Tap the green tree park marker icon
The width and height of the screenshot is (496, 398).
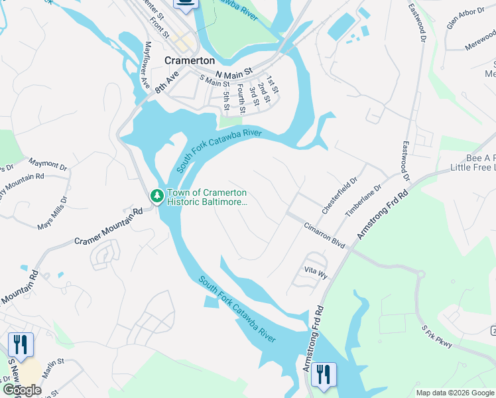click(156, 196)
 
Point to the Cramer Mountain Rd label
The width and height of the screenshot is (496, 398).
click(109, 226)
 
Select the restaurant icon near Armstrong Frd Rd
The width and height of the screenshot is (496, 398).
click(324, 375)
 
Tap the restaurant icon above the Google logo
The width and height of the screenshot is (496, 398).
click(21, 345)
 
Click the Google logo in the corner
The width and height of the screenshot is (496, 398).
click(21, 390)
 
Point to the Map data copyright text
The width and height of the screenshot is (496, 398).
click(455, 393)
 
